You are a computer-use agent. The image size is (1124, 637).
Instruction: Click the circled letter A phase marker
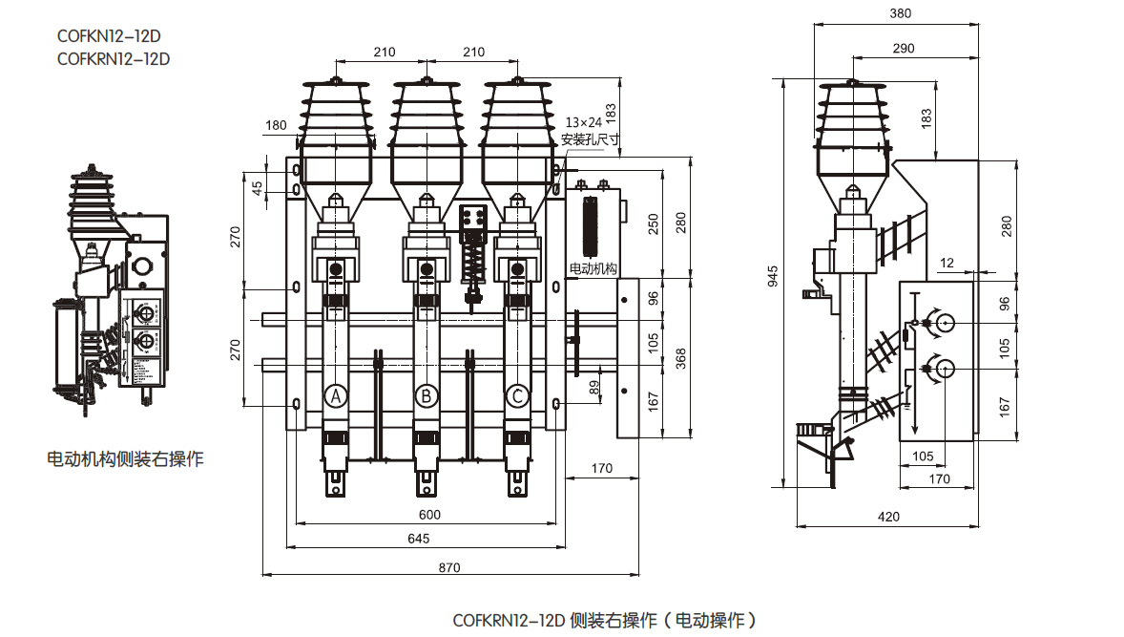pyautogui.click(x=335, y=395)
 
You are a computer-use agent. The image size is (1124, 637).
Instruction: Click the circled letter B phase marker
pyautogui.click(x=427, y=395)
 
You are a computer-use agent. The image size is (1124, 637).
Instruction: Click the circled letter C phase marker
pyautogui.click(x=517, y=395)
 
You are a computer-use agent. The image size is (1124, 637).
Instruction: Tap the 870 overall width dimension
pyautogui.click(x=449, y=567)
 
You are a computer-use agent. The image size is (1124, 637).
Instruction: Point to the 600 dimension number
pyautogui.click(x=430, y=515)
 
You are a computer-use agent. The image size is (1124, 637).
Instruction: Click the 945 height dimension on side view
pyautogui.click(x=774, y=276)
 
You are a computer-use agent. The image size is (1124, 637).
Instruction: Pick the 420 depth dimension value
pyautogui.click(x=888, y=517)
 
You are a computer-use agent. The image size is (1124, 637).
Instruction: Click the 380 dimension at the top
pyautogui.click(x=900, y=14)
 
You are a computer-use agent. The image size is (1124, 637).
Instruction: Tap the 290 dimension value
pyautogui.click(x=904, y=49)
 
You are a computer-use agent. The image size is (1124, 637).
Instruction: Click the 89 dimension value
pyautogui.click(x=595, y=387)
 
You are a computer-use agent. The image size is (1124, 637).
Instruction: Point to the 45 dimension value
pyautogui.click(x=256, y=188)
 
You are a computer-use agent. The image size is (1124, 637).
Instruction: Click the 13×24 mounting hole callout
pyautogui.click(x=584, y=123)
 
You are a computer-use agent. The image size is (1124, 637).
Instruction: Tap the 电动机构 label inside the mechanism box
pyautogui.click(x=593, y=268)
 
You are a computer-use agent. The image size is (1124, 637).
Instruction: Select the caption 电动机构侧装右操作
pyautogui.click(x=125, y=459)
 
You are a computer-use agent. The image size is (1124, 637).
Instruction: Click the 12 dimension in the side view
pyautogui.click(x=946, y=262)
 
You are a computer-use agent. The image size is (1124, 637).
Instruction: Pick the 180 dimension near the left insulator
pyautogui.click(x=276, y=125)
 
